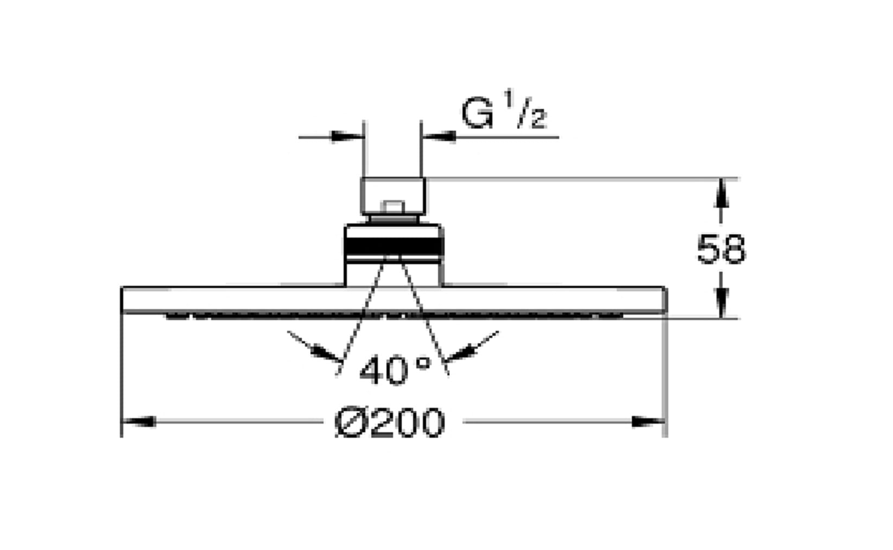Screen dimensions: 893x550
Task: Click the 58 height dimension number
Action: tap(721, 249)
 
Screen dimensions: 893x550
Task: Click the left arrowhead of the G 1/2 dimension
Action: tap(347, 137)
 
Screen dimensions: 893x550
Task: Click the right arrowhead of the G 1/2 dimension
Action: tap(439, 137)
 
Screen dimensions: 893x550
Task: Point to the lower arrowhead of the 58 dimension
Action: tap(721, 303)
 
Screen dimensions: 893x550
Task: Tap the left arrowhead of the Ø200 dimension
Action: tap(138, 421)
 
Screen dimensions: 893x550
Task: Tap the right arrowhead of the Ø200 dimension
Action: tap(648, 421)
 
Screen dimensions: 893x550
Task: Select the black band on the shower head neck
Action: tap(394, 247)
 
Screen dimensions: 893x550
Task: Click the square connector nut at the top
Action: tap(393, 196)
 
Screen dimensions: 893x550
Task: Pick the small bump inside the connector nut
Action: tap(392, 207)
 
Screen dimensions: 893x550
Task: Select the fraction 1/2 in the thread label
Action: tap(526, 110)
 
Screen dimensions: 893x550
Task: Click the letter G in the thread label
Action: tap(477, 113)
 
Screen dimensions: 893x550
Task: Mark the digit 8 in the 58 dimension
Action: tap(733, 249)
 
